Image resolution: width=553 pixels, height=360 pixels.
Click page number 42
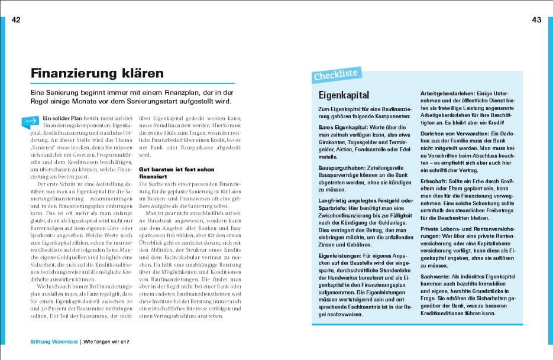(x=16, y=20)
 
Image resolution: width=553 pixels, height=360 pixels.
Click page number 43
(x=536, y=20)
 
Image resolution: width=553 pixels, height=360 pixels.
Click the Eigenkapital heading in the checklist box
(x=343, y=95)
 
